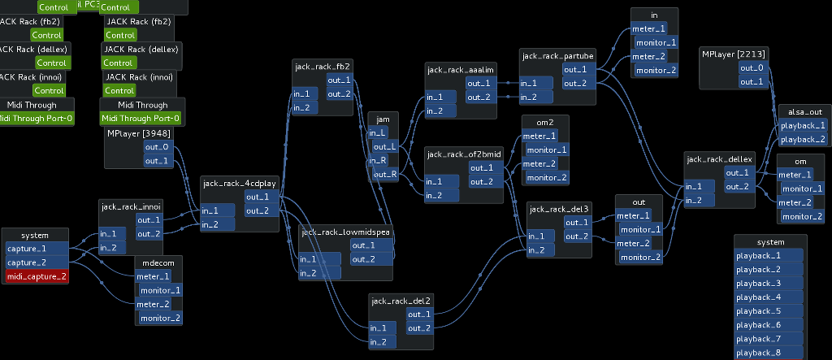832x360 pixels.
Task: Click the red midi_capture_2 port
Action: tap(37, 277)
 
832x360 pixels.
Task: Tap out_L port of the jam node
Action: tap(383, 147)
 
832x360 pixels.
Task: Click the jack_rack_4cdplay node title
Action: tap(239, 183)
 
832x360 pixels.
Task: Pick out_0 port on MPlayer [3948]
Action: tap(157, 147)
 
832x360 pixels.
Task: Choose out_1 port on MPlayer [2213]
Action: tap(751, 81)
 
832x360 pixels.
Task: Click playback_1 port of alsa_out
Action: tap(802, 126)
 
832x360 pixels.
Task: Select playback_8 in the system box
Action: tap(769, 352)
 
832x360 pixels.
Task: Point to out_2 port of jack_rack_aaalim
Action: tap(479, 97)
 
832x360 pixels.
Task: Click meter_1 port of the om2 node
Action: tap(539, 136)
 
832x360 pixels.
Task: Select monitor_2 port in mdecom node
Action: tap(159, 318)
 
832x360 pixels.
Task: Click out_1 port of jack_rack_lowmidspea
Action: tap(362, 245)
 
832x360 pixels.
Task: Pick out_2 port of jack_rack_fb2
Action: tap(339, 94)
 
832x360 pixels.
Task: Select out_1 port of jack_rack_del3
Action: tap(576, 223)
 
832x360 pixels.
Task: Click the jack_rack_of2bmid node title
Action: tap(464, 154)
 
